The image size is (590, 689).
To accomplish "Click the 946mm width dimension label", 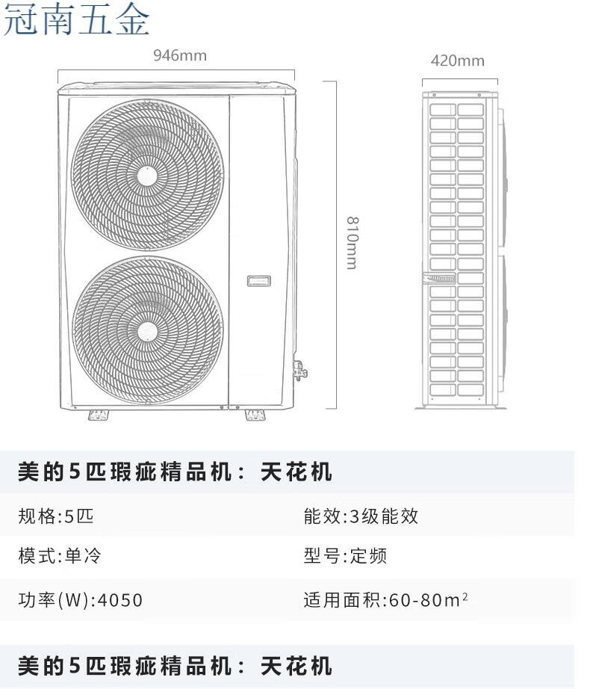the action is (x=180, y=55).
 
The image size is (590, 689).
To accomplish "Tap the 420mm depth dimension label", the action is (x=457, y=61).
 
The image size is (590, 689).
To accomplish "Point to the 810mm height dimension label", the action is (x=353, y=243).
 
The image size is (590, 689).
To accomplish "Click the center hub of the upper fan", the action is (x=147, y=176).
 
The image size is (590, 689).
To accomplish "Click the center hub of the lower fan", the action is (x=147, y=332).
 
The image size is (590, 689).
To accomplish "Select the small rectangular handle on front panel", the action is (x=258, y=281).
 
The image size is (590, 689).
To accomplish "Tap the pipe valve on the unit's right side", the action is (x=300, y=371).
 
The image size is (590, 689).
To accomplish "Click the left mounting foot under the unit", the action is (x=99, y=415).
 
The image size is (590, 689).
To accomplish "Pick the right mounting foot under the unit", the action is (x=255, y=415).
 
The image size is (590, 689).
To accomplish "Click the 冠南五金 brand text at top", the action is (x=76, y=19).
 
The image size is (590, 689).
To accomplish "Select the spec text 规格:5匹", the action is (x=56, y=516).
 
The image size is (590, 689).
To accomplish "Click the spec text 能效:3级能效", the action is (x=361, y=516).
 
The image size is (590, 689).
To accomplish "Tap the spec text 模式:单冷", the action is (x=60, y=556).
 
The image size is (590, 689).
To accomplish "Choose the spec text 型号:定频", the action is (x=346, y=556).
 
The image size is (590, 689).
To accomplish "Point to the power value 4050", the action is (x=120, y=600).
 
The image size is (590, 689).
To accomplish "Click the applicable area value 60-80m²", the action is (x=429, y=600).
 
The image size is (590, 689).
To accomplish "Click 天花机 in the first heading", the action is (x=296, y=472).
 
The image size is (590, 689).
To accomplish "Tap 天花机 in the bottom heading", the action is (x=296, y=666).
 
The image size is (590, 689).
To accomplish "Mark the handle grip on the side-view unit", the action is (x=439, y=278).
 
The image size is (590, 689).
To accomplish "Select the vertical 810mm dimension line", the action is (x=336, y=245).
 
